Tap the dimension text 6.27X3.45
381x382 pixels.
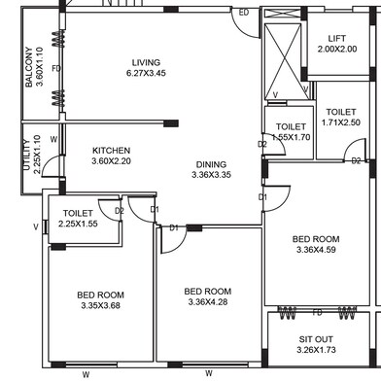point(147,74)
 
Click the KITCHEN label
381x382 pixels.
point(112,151)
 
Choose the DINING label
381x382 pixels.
point(210,164)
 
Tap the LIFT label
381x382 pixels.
point(337,38)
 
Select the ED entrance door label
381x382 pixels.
point(244,13)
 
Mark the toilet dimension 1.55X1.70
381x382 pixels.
point(291,138)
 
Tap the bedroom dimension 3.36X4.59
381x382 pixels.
point(317,250)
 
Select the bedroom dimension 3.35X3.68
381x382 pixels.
point(101,306)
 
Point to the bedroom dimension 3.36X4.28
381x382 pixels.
point(208,302)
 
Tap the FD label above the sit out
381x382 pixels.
point(317,312)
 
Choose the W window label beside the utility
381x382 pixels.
point(53,139)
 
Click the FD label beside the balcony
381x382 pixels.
point(56,69)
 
